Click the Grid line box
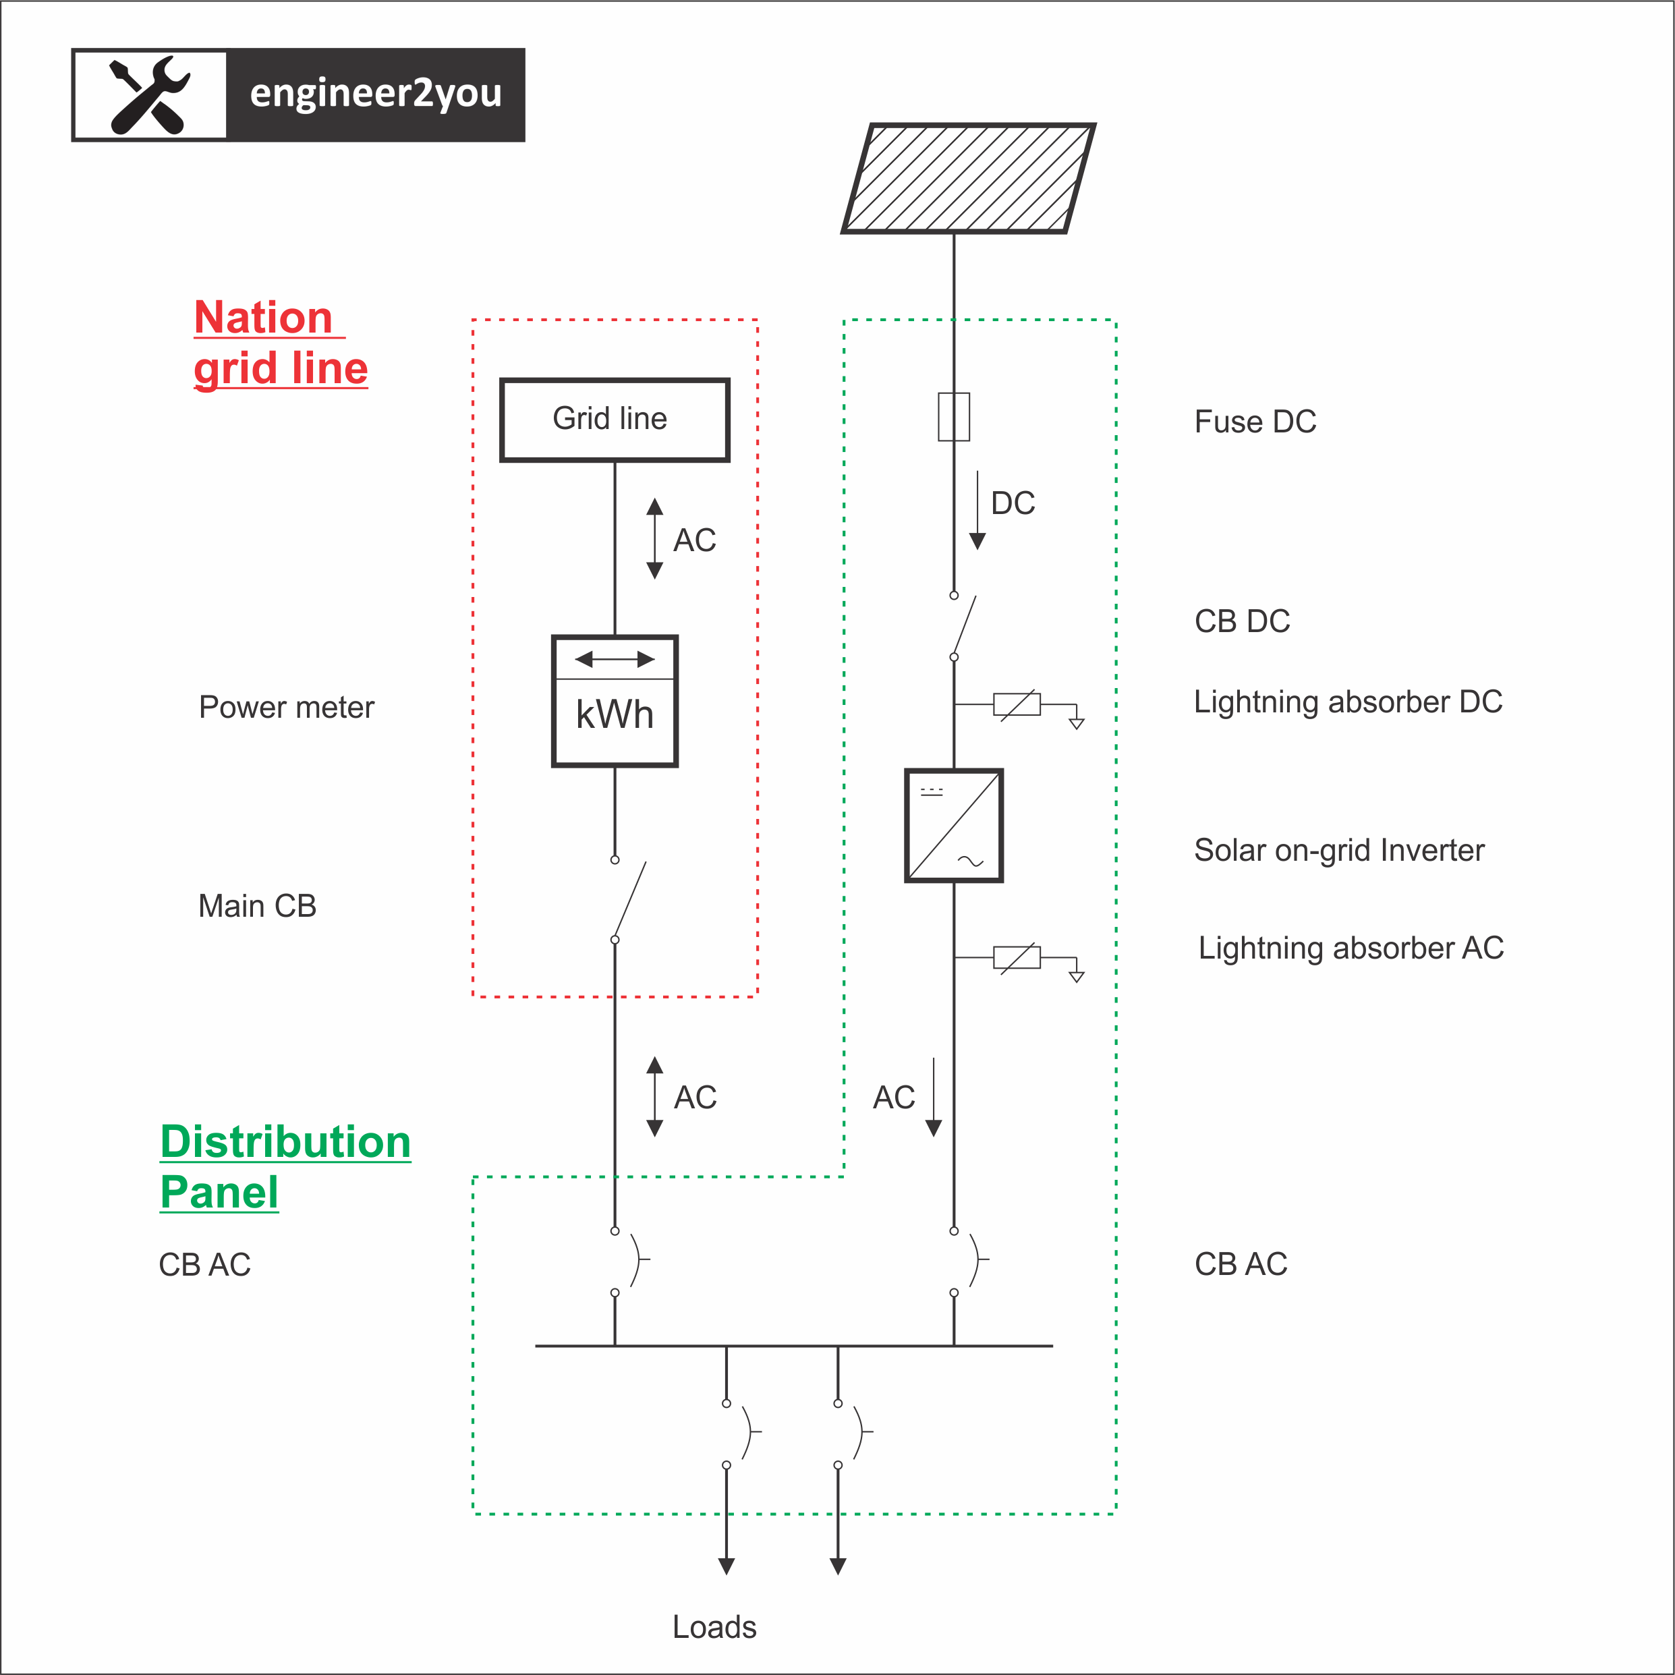[614, 420]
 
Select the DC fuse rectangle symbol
[954, 417]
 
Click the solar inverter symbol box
[954, 826]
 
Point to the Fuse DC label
[1255, 422]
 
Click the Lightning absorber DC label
[1347, 702]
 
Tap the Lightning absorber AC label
[1350, 948]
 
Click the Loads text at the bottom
[714, 1627]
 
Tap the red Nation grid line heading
[279, 343]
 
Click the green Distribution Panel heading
[285, 1166]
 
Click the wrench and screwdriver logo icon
[150, 95]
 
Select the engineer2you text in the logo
[375, 94]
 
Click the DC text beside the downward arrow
[1013, 503]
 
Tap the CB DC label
[1241, 621]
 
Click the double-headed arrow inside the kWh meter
[615, 660]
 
